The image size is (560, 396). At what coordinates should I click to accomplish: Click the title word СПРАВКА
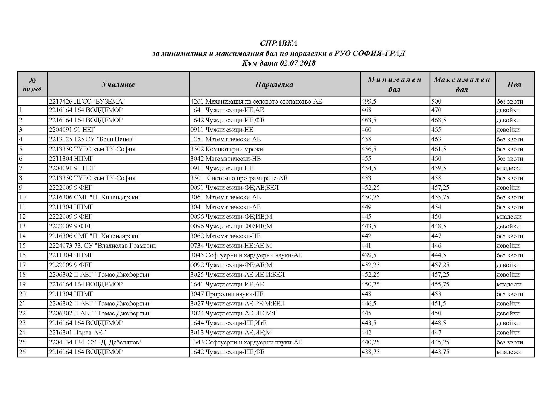(278, 43)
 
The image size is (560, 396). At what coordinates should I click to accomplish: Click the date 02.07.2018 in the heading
(297, 63)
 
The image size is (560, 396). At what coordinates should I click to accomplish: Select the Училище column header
(118, 85)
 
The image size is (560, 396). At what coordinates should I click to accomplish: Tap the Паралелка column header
(274, 85)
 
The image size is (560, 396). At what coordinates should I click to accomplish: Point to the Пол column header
(514, 85)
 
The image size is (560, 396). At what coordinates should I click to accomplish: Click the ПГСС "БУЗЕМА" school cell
(87, 102)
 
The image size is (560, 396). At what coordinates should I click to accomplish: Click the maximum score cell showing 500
(436, 102)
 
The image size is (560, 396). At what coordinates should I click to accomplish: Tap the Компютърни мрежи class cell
(227, 149)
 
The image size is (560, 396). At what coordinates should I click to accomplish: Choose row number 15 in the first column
(22, 246)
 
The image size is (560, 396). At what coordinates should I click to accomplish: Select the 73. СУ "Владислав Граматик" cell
(104, 246)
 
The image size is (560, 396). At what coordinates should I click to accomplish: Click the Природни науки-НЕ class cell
(227, 294)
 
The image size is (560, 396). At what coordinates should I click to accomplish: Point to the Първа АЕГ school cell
(77, 333)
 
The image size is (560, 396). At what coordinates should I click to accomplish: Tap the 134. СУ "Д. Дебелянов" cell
(95, 342)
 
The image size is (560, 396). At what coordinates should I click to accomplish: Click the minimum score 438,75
(371, 352)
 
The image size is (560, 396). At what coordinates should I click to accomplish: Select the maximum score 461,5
(439, 149)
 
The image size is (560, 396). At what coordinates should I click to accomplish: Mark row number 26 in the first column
(22, 352)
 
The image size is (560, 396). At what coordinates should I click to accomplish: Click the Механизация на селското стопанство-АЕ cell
(256, 102)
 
